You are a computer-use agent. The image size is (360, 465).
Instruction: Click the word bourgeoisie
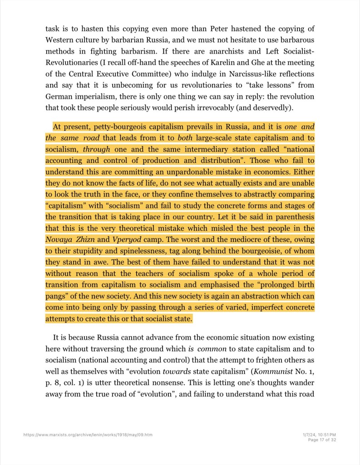[x=261, y=251]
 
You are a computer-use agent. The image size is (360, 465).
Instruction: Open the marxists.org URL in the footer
[x=88, y=435]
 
